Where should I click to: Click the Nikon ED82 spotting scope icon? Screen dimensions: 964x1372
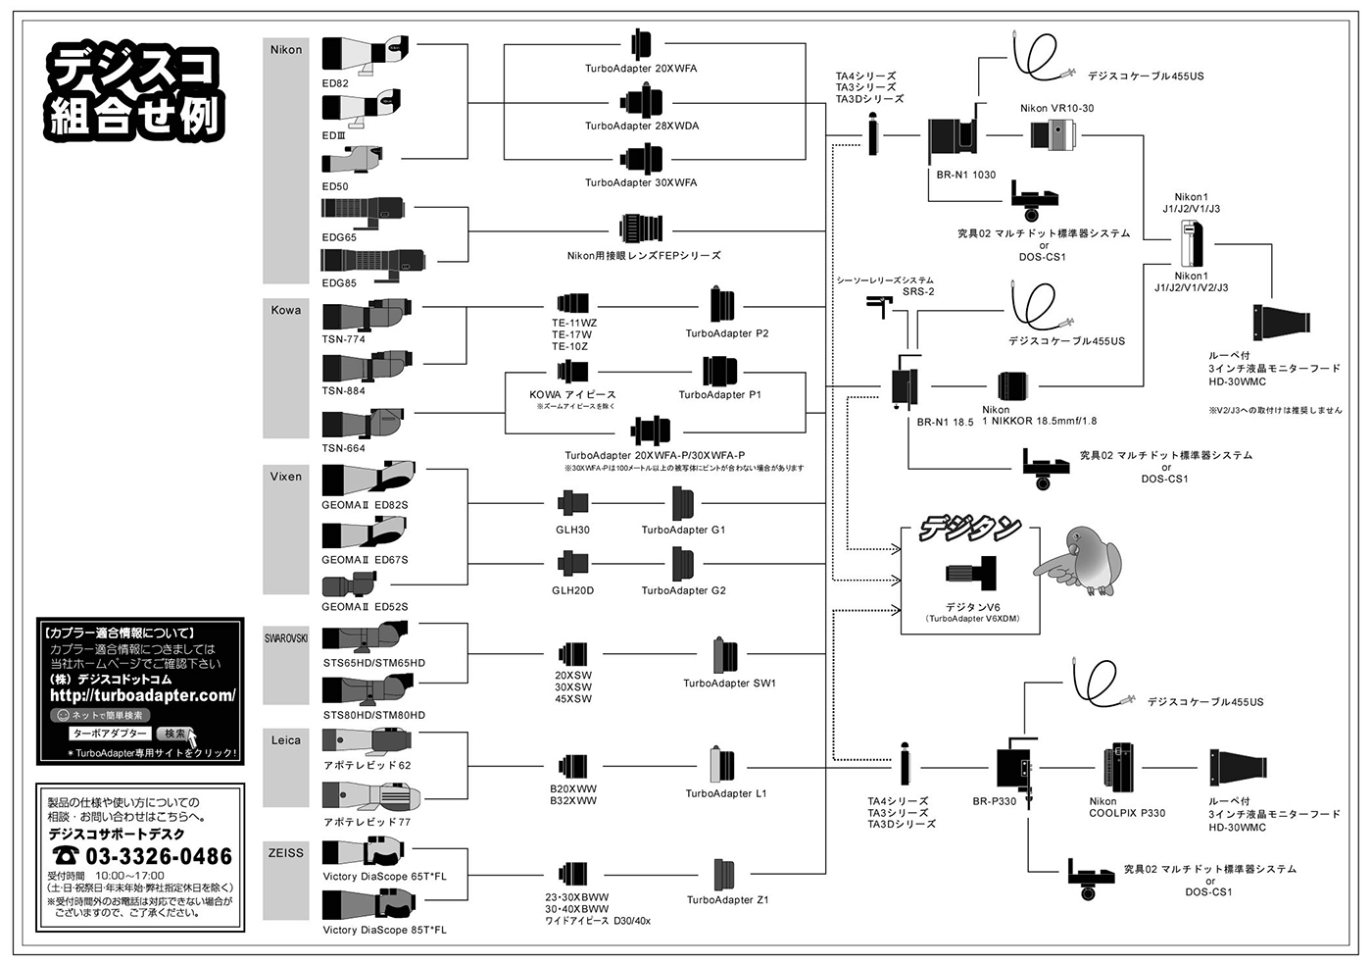[364, 53]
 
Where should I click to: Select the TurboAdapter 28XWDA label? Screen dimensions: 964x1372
[642, 126]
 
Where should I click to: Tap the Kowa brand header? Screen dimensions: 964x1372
[286, 310]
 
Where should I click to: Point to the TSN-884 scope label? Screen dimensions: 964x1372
[343, 390]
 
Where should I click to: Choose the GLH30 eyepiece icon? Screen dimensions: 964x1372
[572, 504]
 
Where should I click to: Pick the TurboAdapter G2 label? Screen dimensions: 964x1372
[683, 590]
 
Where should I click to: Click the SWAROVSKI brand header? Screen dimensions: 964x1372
[286, 638]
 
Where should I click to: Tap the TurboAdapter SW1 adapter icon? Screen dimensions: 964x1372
[726, 654]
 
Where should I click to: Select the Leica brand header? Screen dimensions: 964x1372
[286, 739]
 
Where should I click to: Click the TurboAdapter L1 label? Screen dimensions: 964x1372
[725, 793]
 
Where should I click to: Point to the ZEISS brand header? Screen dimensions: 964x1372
[286, 852]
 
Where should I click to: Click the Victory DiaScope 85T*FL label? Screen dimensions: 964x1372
[384, 930]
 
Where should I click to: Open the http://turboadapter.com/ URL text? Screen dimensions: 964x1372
[142, 695]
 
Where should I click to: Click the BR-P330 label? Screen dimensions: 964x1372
[994, 801]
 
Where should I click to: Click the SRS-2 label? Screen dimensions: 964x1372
[918, 291]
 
